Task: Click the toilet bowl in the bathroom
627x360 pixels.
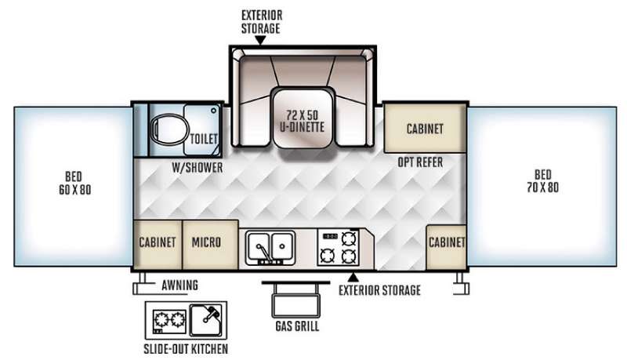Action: pos(169,129)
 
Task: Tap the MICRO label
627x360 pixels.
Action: pos(206,242)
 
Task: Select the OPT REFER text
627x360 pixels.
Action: pos(420,162)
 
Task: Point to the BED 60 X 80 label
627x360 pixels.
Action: pos(74,183)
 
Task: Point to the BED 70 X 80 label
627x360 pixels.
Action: pos(542,181)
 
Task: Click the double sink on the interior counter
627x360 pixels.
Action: pos(270,247)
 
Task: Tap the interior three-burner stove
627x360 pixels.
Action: pos(339,248)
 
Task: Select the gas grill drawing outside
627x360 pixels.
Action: pos(296,299)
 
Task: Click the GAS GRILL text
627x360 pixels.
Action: pos(297,326)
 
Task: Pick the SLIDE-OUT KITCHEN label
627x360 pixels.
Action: pos(186,349)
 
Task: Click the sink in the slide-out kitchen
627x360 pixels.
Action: pos(205,320)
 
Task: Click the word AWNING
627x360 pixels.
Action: pos(180,285)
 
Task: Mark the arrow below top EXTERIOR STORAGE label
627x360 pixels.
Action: pos(260,40)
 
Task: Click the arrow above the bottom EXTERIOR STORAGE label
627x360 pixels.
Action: pos(353,276)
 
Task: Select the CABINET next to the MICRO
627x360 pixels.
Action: pos(158,242)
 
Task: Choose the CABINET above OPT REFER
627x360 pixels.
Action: pos(425,129)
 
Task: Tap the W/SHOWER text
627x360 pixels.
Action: pos(198,168)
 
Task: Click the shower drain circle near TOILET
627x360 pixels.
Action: pos(213,111)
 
